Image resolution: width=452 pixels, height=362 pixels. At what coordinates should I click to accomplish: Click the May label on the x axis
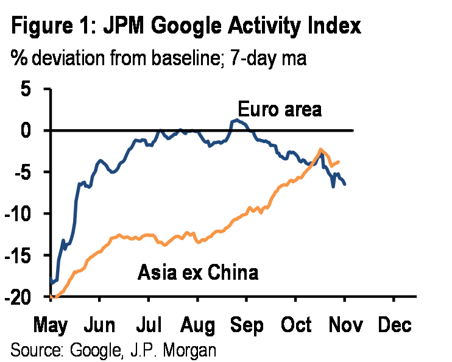pyautogui.click(x=49, y=325)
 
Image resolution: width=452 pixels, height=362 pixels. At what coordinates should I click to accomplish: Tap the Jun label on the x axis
pyautogui.click(x=99, y=325)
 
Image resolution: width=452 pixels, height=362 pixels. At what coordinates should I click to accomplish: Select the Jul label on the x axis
pyautogui.click(x=148, y=325)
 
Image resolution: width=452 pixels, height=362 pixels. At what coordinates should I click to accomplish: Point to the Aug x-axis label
pyautogui.click(x=197, y=325)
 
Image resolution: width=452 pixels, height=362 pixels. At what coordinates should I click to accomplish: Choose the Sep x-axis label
pyautogui.click(x=246, y=325)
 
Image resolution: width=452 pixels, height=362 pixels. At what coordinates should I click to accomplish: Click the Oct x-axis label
pyautogui.click(x=295, y=325)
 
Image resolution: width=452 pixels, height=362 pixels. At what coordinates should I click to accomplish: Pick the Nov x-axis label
pyautogui.click(x=344, y=325)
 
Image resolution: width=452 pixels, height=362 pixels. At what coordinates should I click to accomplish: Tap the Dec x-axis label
pyautogui.click(x=394, y=325)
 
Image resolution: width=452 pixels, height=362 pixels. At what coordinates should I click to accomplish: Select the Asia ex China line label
pyautogui.click(x=197, y=272)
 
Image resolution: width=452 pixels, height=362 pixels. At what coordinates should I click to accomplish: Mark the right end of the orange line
pyautogui.click(x=339, y=161)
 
